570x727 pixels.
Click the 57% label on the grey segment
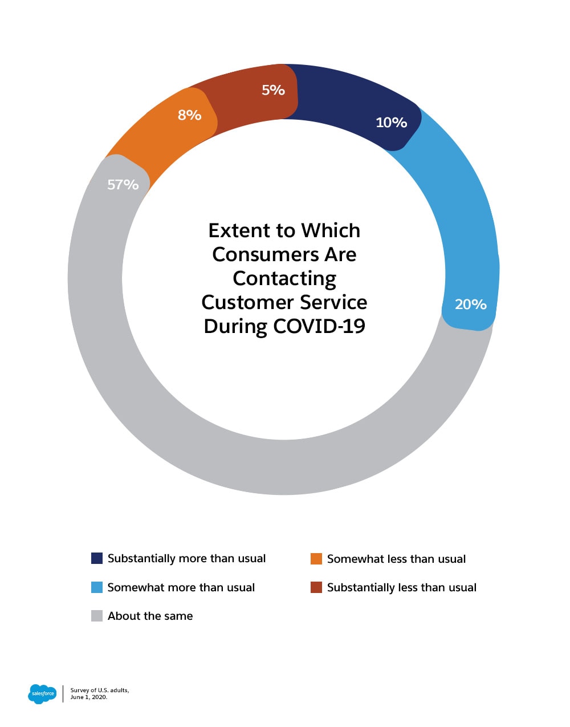[x=123, y=185]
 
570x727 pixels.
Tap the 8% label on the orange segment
[x=189, y=115]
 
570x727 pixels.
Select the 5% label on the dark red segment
[x=273, y=90]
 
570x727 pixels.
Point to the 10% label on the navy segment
[x=391, y=123]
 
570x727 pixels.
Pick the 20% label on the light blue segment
[x=470, y=304]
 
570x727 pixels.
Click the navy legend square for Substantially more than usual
[x=97, y=558]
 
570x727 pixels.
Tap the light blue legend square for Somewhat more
[x=97, y=587]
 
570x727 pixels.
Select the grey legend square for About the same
[x=97, y=616]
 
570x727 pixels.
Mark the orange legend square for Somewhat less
[x=316, y=559]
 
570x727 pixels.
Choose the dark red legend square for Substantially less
[x=316, y=587]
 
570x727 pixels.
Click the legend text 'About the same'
[x=150, y=616]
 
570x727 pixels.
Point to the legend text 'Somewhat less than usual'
[x=396, y=559]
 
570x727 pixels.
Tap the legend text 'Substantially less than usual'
[x=402, y=587]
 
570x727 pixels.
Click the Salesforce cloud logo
[x=42, y=693]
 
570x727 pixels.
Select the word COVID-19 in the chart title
[x=319, y=326]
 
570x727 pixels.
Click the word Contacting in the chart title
[x=284, y=278]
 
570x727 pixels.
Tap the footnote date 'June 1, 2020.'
[x=89, y=697]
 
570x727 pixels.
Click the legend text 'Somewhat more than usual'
[x=181, y=587]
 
